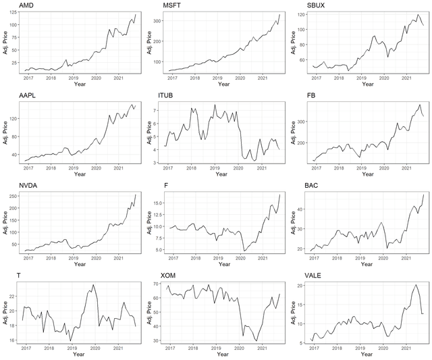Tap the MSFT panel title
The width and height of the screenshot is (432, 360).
tap(171, 5)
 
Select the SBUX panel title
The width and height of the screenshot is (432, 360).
tap(316, 5)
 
